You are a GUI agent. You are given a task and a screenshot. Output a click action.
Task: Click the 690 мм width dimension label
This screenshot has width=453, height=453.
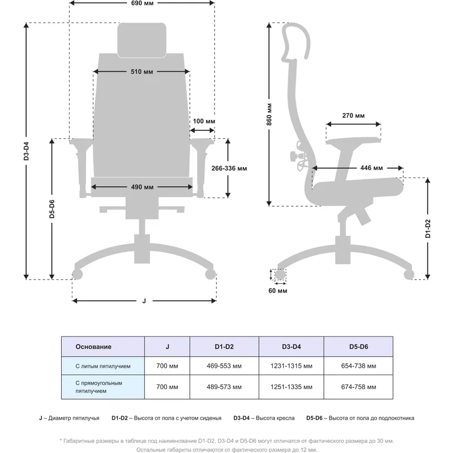tap(142, 3)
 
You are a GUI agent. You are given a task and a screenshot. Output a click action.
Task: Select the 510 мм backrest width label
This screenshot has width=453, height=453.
tap(141, 72)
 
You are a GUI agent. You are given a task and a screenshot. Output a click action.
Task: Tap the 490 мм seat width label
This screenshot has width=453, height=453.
tap(141, 187)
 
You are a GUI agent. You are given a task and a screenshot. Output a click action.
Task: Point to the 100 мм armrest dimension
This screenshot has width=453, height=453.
tap(204, 121)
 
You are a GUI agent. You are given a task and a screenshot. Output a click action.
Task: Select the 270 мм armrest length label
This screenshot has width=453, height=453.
tap(353, 116)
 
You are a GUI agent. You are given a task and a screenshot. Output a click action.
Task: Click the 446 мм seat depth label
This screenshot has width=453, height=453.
tap(371, 168)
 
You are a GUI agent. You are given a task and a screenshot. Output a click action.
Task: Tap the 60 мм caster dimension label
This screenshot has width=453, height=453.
tap(279, 291)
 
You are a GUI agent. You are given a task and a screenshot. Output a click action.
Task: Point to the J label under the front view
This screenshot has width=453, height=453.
tap(144, 301)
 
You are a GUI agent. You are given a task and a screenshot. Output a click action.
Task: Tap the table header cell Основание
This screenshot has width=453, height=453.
tap(93, 347)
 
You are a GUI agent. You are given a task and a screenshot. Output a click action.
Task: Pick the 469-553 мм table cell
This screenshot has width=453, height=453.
tap(224, 366)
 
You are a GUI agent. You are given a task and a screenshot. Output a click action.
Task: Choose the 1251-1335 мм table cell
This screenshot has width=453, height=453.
tap(292, 387)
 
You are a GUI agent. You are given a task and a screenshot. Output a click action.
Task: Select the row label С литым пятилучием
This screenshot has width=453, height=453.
tap(103, 366)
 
